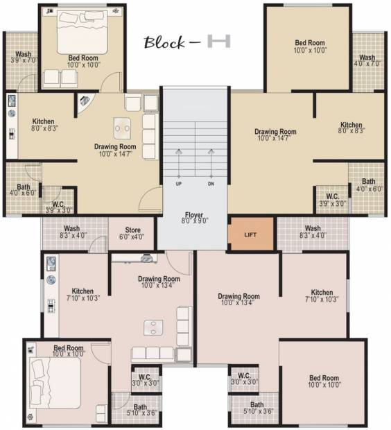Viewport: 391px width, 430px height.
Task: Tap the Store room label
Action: pos(132,233)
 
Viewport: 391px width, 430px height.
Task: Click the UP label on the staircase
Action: pos(179,184)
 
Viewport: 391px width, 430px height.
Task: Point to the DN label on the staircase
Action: pos(211,184)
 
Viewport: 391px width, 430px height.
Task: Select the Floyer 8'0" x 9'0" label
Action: pos(194,218)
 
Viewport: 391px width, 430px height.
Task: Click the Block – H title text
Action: pos(187,42)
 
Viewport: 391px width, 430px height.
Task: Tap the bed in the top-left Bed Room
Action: pos(82,32)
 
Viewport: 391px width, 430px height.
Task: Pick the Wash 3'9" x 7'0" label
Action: pos(24,57)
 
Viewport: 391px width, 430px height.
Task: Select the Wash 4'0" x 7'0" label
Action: pos(367,60)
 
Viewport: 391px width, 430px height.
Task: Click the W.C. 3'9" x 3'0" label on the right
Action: pos(333,200)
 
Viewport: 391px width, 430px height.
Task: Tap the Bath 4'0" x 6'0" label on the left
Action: pos(23,190)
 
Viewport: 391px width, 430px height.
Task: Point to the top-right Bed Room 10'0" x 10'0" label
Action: pos(310,46)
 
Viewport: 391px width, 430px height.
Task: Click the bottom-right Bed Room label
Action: pos(324,381)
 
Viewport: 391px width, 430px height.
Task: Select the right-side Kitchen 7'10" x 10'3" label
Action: pos(322,295)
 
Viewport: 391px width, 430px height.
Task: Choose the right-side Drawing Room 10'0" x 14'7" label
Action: pos(275,135)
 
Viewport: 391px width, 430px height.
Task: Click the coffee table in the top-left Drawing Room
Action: pos(122,128)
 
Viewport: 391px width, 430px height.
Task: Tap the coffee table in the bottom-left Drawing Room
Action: pos(153,328)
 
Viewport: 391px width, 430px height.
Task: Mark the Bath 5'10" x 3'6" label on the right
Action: pos(258,408)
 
